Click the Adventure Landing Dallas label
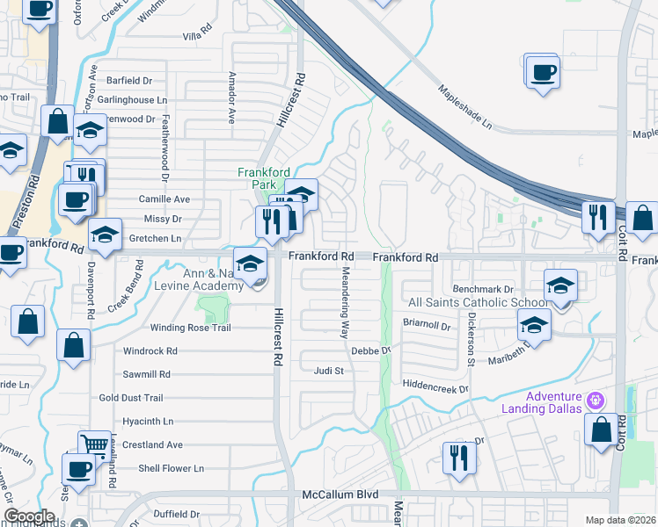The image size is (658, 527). coord(542,401)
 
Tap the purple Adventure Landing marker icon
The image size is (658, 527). coord(596,401)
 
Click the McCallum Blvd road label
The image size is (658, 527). coord(340,495)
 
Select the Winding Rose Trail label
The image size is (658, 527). coord(190,328)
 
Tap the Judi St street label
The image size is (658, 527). coord(328,371)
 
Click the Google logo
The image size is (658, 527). coord(28,516)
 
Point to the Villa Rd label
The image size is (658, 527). coord(197,36)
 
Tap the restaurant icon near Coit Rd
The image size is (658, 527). coord(598,216)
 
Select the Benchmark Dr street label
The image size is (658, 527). coord(483,289)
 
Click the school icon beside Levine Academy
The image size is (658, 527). coord(250,263)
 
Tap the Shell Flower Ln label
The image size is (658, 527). coord(171,468)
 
